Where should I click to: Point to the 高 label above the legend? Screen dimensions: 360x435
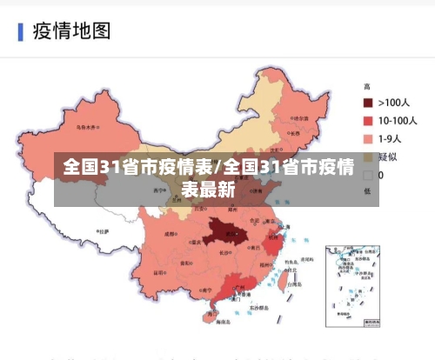coord(367,87)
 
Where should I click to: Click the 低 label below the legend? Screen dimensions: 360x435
coord(367,190)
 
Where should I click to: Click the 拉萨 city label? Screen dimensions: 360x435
coord(103,232)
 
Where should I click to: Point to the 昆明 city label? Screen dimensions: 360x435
coord(165,283)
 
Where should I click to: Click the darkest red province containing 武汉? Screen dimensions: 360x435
coord(224,233)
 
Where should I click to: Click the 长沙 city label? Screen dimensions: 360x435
coord(225,253)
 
